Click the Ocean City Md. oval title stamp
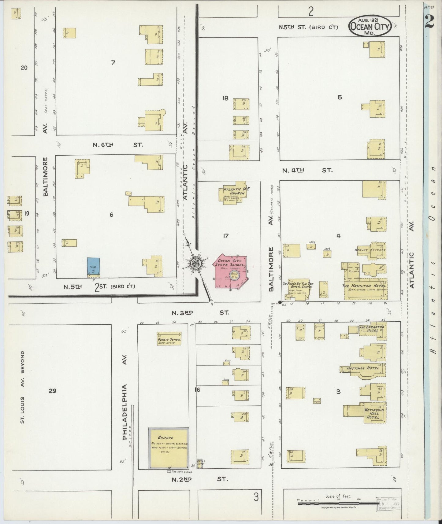tap(370, 26)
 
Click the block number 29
tap(52, 391)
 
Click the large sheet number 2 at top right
tap(429, 21)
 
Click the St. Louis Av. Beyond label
tap(22, 388)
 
